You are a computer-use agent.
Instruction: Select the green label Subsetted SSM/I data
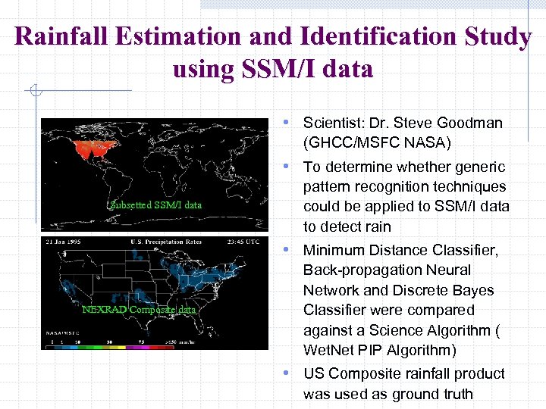155,204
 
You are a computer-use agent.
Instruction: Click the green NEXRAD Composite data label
138,309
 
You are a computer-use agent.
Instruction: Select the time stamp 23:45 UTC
244,242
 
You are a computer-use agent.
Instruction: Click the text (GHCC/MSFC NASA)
377,142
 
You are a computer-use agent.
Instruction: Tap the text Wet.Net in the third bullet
328,350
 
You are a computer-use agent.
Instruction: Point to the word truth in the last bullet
455,394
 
